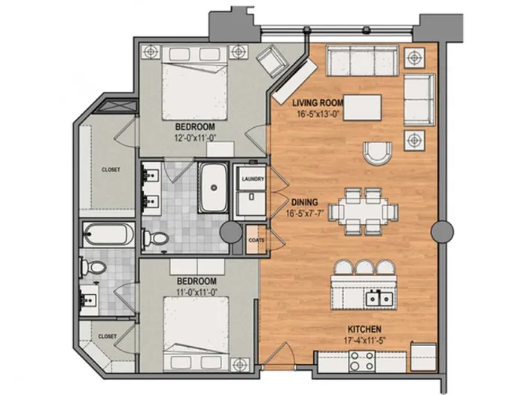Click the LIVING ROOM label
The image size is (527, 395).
[318, 102]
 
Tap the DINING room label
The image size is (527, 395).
[304, 202]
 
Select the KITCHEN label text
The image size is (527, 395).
[364, 329]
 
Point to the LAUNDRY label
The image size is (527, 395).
[253, 179]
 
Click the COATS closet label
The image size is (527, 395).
[256, 240]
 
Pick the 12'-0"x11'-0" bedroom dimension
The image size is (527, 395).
[195, 138]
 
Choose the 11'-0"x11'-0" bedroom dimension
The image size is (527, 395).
[196, 292]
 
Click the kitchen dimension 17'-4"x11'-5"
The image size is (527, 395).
[364, 339]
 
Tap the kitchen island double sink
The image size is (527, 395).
[379, 298]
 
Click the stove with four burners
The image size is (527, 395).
[362, 361]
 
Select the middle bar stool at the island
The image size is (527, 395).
[365, 267]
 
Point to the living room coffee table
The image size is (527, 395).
[362, 108]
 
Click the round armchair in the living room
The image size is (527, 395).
[377, 153]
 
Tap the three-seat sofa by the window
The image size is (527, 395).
[362, 61]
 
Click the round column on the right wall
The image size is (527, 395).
[443, 232]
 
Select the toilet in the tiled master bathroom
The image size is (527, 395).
[155, 238]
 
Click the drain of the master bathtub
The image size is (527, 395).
[213, 188]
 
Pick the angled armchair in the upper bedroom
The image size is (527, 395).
[273, 61]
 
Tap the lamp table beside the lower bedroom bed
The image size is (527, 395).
[240, 364]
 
